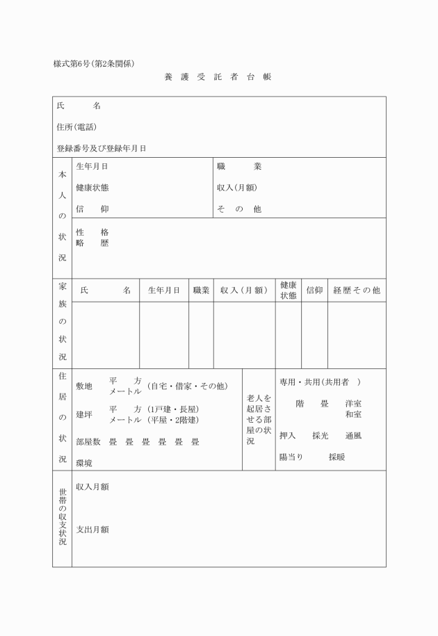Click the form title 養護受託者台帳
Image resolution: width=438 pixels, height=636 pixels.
[x=218, y=77]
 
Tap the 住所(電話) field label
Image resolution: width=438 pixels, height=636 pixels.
[x=76, y=127]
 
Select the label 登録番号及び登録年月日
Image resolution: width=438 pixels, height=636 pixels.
[x=102, y=148]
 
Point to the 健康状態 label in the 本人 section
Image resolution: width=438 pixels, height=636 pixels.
[x=92, y=188]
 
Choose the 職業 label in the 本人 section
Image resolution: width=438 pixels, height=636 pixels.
[x=238, y=167]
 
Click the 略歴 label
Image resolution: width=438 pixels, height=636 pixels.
[x=92, y=243]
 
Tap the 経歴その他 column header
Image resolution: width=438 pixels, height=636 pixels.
[x=357, y=291]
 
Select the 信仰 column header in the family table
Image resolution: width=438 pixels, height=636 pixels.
[x=314, y=291]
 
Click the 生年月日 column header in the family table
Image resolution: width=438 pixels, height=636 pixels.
[x=164, y=291]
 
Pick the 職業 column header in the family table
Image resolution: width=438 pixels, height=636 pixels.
[x=201, y=291]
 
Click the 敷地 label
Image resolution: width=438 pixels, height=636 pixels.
[x=84, y=386]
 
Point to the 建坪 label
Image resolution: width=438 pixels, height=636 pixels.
[x=84, y=415]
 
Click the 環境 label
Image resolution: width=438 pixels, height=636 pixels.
[x=84, y=463]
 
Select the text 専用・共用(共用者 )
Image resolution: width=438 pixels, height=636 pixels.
[x=320, y=383]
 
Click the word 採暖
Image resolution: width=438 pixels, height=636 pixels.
[x=337, y=457]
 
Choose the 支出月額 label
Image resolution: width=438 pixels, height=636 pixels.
[x=92, y=530]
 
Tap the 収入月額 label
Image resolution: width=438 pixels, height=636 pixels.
[x=92, y=487]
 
